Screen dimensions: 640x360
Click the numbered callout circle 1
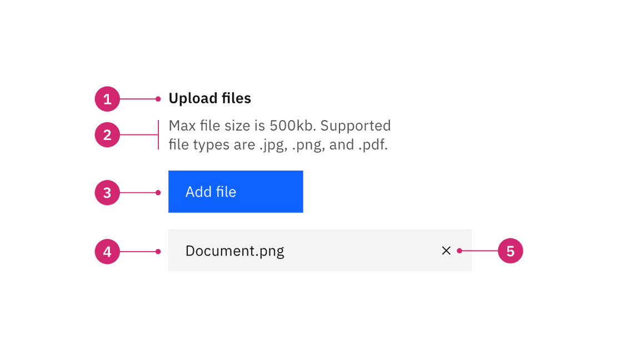[x=107, y=99]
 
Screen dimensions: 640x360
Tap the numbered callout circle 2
[x=107, y=134]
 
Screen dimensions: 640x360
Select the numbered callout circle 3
[x=107, y=193]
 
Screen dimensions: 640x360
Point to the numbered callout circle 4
[x=107, y=252]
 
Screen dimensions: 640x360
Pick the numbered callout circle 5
[x=510, y=251]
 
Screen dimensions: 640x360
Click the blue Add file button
[x=236, y=192]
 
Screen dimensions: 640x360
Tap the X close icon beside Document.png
[x=446, y=251]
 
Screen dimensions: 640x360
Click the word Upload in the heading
[x=193, y=98]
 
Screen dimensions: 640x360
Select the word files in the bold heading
[x=236, y=98]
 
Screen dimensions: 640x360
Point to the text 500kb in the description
[x=293, y=126]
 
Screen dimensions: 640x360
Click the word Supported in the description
[x=356, y=126]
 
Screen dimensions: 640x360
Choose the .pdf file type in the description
[x=373, y=144]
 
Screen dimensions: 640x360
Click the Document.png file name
[x=234, y=251]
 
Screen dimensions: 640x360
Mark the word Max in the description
[x=182, y=126]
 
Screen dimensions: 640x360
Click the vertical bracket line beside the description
[x=158, y=134]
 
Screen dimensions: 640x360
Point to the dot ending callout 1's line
[x=158, y=99]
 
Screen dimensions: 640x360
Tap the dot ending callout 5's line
[x=459, y=251]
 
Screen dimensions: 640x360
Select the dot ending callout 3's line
[x=158, y=193]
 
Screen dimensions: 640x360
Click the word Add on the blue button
[x=199, y=192]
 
